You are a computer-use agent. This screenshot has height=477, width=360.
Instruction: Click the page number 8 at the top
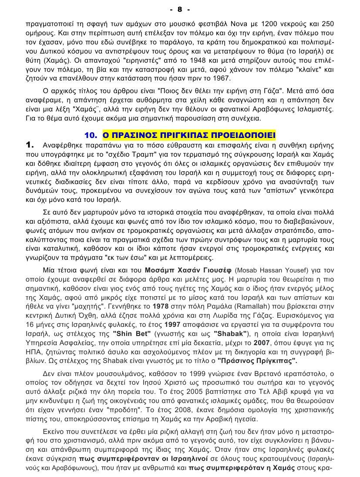coord(179,9)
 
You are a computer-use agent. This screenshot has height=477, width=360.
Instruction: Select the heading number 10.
coord(91,135)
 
